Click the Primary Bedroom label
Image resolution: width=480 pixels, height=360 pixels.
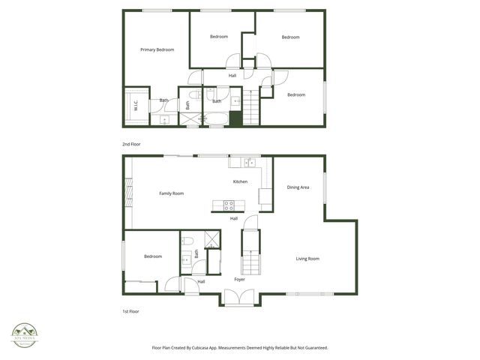tap(157, 49)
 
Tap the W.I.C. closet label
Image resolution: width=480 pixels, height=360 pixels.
tap(136, 106)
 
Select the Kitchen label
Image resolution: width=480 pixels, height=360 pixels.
tap(240, 181)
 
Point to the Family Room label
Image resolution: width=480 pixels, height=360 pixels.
tap(171, 193)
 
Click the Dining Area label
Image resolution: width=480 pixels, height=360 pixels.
tap(298, 187)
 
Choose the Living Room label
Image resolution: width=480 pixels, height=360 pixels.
tap(307, 259)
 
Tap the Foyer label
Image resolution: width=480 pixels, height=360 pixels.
tap(239, 280)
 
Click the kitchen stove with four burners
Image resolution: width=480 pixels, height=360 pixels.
tap(229, 204)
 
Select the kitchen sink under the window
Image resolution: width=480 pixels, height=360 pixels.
tap(247, 162)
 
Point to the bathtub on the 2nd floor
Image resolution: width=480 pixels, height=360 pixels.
tap(216, 118)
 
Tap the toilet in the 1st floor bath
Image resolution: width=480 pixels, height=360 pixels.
tap(187, 241)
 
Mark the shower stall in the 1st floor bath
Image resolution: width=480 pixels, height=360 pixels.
tap(213, 240)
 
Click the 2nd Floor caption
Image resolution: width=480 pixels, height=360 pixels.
tap(131, 144)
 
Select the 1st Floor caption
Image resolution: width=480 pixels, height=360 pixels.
tap(131, 311)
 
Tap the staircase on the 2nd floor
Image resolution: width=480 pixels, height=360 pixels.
tap(249, 111)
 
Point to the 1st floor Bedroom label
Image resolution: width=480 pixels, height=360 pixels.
tap(152, 256)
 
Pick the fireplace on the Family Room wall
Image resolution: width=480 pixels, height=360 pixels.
tap(129, 193)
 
